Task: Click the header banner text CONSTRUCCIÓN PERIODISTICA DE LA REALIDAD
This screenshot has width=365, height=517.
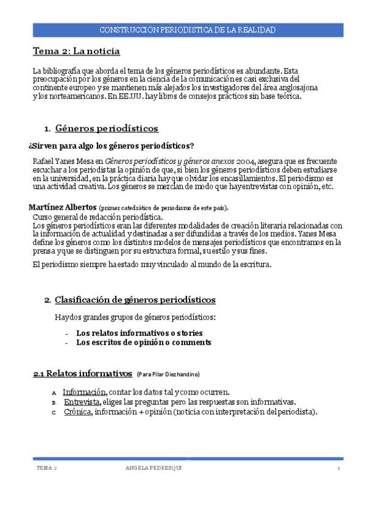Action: tap(186, 30)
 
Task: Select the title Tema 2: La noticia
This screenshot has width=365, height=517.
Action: tap(76, 51)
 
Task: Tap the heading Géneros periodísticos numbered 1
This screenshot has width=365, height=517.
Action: tap(107, 129)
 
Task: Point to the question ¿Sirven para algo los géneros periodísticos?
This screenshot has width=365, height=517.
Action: tap(112, 145)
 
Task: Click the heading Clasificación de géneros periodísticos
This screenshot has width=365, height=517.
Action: tap(135, 300)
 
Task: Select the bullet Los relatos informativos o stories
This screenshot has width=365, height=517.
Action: tap(139, 333)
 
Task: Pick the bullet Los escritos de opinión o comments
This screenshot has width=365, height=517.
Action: tap(143, 343)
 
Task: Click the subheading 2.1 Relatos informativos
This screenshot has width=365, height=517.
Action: tap(82, 373)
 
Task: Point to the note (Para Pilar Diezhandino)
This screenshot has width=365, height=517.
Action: tap(168, 374)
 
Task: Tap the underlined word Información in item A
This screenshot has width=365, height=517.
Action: tap(85, 392)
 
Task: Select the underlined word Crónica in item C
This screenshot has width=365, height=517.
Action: tap(77, 412)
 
